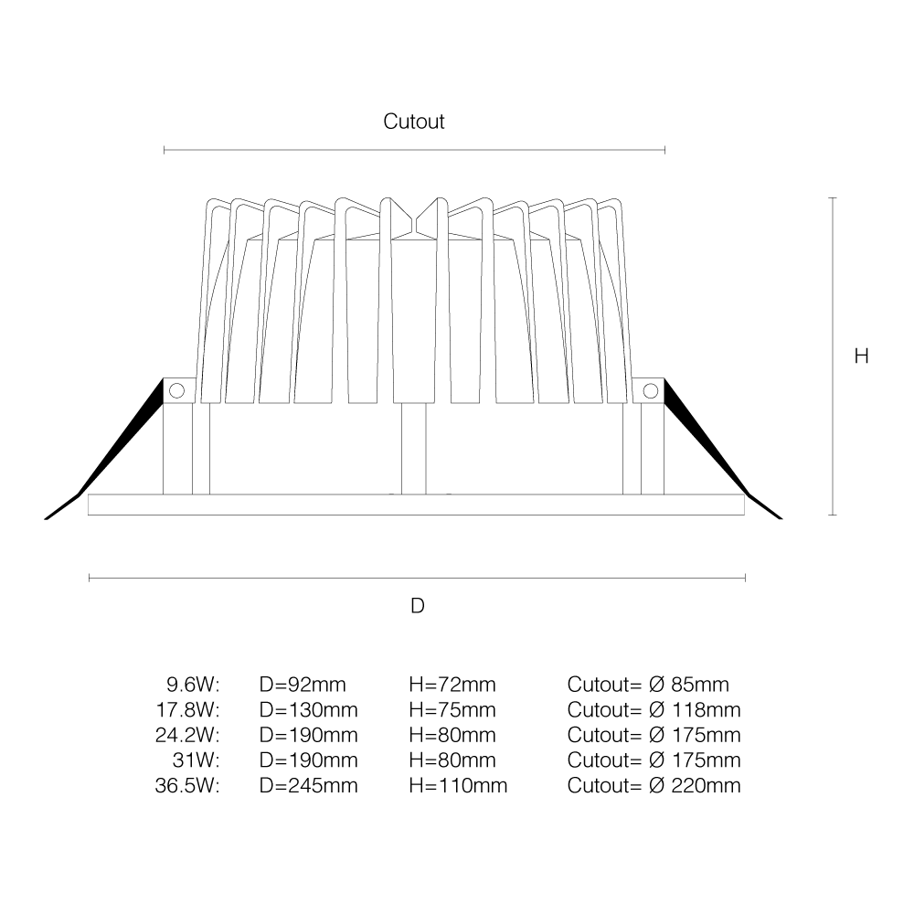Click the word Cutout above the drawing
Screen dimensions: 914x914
(414, 122)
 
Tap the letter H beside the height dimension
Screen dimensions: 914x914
(862, 356)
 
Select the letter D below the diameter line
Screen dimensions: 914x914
(418, 606)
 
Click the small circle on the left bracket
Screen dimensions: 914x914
(176, 390)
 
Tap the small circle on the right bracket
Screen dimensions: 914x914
(651, 390)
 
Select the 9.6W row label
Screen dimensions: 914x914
(193, 685)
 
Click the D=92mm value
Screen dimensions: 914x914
(303, 685)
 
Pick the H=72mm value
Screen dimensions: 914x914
(452, 685)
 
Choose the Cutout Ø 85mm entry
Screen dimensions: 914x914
(648, 685)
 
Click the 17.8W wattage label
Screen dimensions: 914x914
(187, 710)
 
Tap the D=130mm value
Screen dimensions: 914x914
(308, 710)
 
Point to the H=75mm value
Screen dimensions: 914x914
(452, 710)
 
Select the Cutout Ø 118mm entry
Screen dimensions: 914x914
(654, 710)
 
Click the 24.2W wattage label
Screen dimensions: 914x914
(187, 735)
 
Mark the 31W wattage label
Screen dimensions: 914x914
(197, 760)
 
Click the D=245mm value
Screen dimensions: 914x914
(308, 786)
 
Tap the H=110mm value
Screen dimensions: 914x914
(458, 786)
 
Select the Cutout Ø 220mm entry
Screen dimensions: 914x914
(654, 786)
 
